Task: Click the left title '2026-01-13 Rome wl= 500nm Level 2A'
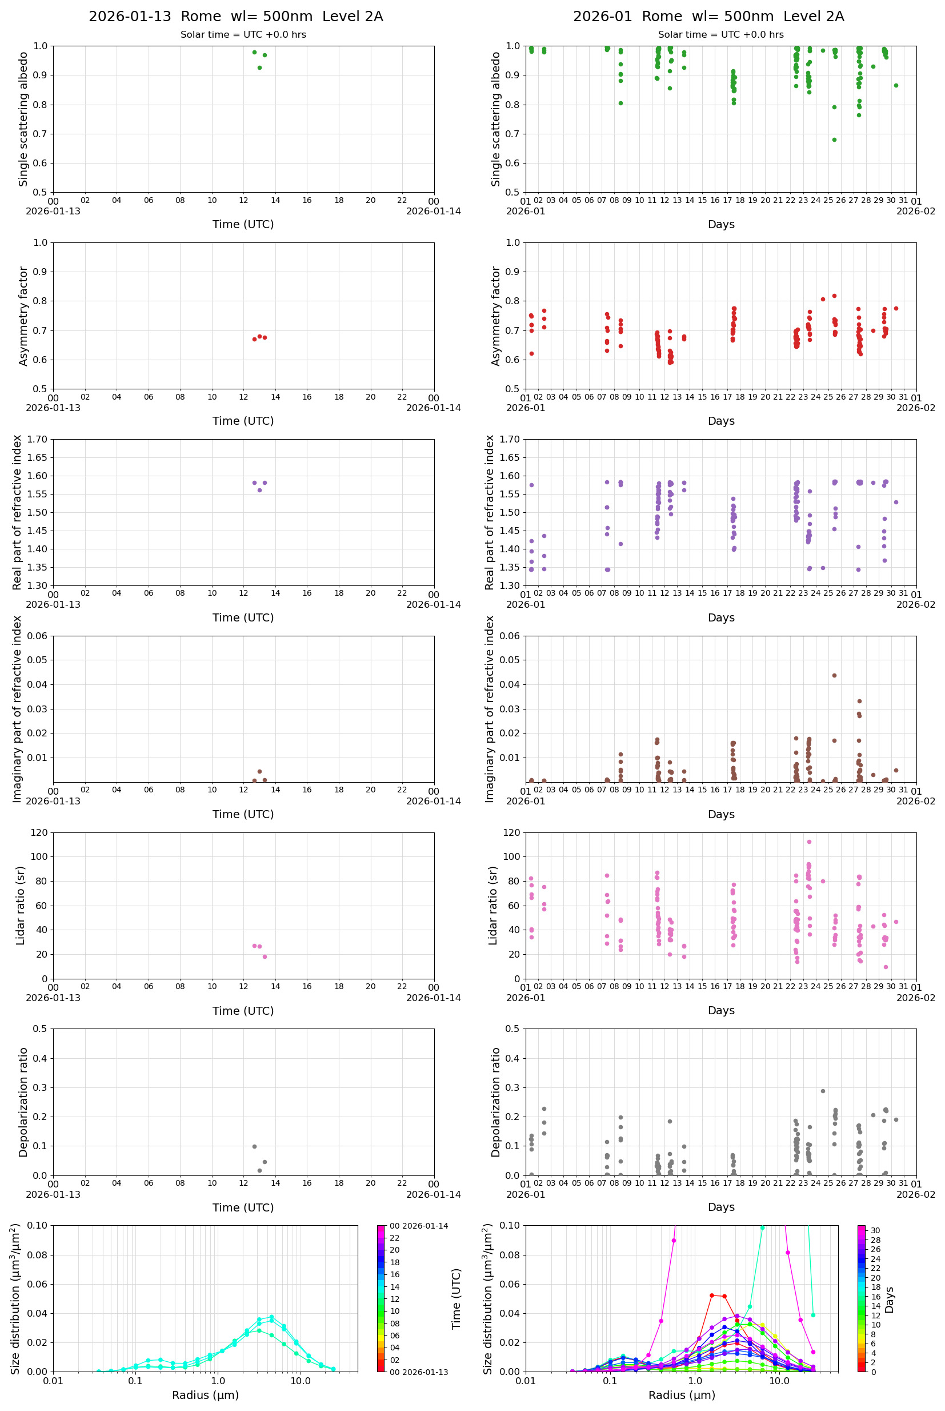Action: tap(235, 17)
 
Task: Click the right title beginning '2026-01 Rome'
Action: tap(708, 17)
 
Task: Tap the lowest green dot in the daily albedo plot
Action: tap(260, 67)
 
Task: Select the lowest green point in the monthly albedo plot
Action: tap(834, 140)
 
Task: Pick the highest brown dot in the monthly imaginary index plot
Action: tap(834, 675)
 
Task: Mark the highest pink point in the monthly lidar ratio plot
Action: tap(809, 842)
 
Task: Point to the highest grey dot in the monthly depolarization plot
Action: tap(823, 1091)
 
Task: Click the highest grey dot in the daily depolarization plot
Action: tap(254, 1146)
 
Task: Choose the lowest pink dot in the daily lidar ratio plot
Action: tap(265, 956)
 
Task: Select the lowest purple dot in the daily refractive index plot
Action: tap(260, 490)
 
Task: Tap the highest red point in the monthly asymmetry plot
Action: tap(834, 296)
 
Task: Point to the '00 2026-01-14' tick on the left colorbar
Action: tap(418, 1226)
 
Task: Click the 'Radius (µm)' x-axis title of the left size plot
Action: tap(205, 1395)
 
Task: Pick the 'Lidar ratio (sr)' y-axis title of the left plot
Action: tap(21, 905)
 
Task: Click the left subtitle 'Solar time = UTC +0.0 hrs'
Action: tap(243, 35)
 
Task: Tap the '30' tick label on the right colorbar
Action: tap(875, 1230)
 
